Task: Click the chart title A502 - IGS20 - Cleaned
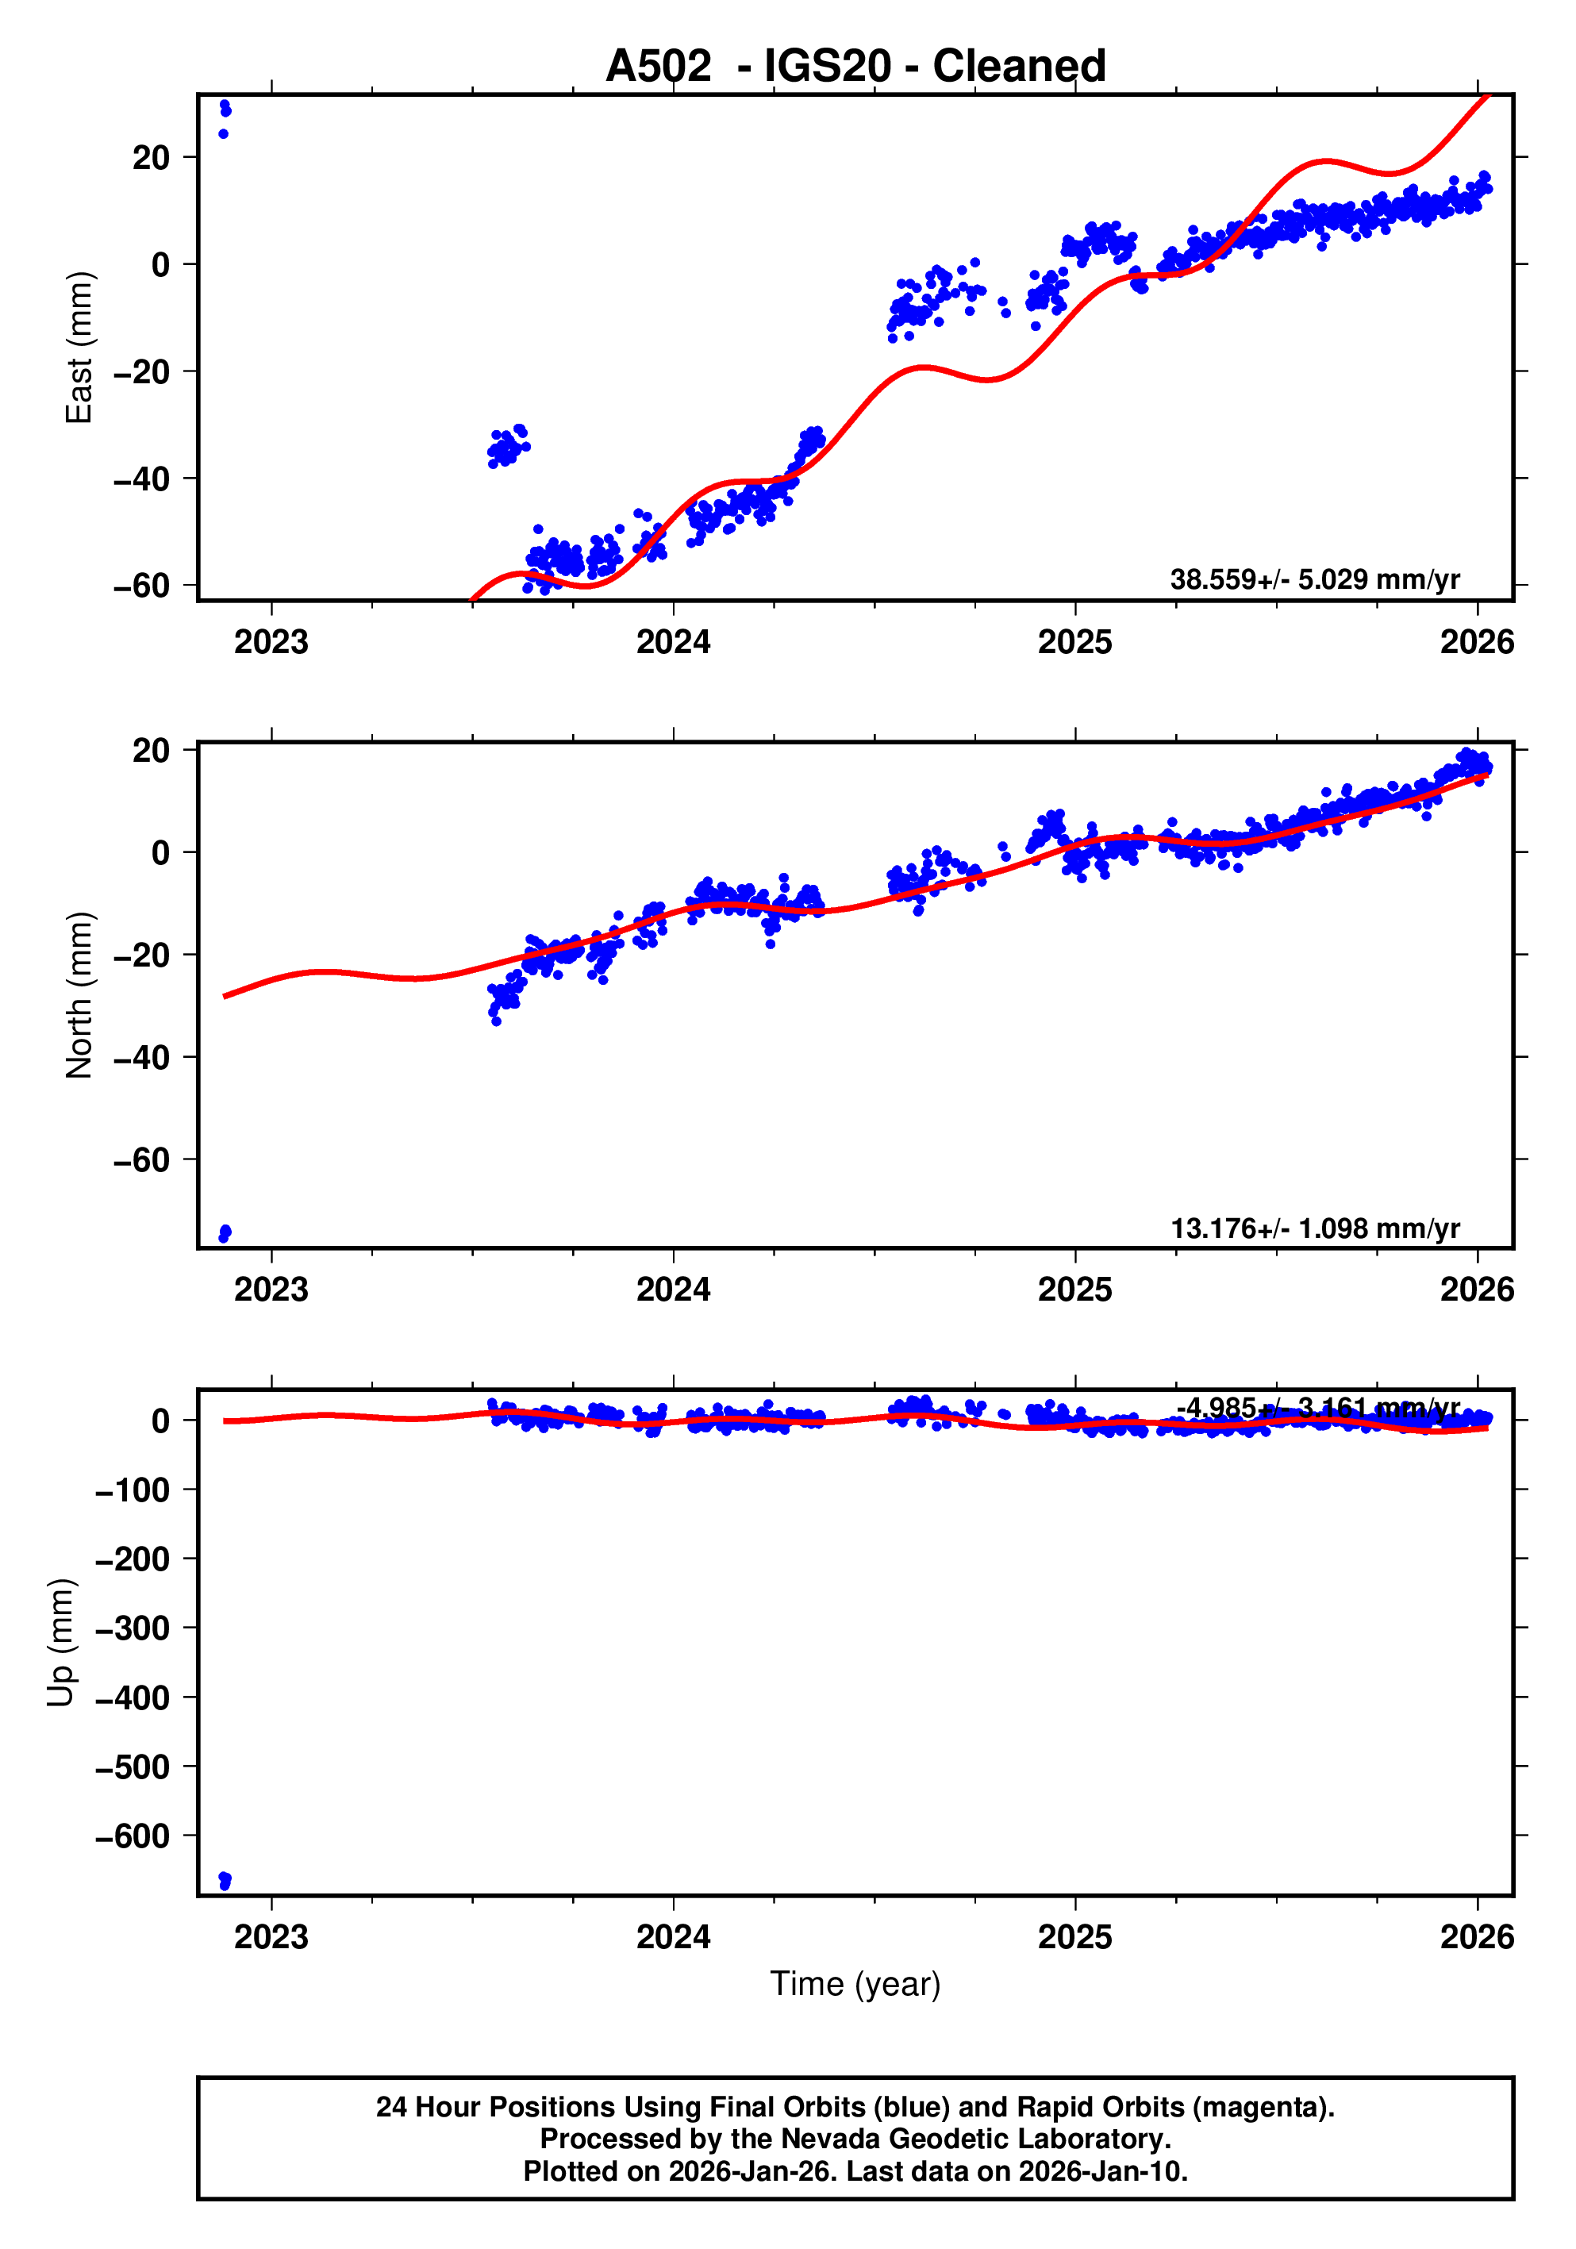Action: [855, 66]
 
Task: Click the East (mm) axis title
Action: [79, 348]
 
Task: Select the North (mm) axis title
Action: [79, 995]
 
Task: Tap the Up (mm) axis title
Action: [61, 1643]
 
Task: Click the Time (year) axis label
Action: [855, 1983]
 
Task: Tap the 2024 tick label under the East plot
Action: [673, 643]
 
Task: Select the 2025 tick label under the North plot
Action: [1074, 1290]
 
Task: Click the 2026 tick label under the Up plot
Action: [1476, 1937]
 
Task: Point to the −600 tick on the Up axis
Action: [133, 1836]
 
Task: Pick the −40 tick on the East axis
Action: [141, 479]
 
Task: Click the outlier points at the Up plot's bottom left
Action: [225, 1880]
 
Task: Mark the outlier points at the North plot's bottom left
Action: [225, 1233]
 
